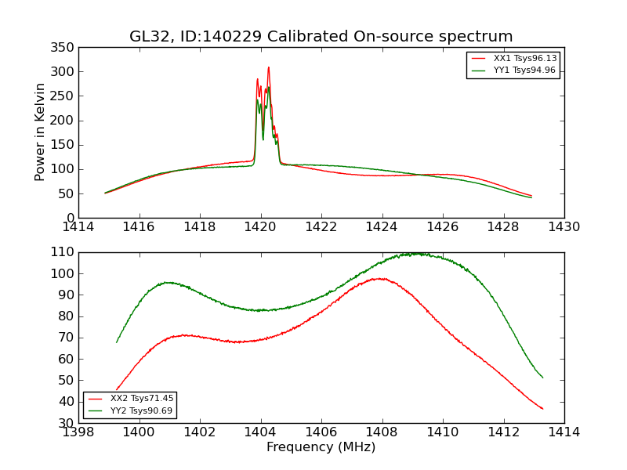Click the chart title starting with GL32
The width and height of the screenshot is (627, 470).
coord(321,36)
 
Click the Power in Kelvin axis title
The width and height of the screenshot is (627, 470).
coord(40,132)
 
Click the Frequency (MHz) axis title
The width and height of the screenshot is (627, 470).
coord(321,447)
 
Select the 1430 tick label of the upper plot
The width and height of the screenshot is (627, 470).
coord(564,227)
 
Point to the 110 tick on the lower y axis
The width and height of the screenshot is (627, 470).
coord(63,252)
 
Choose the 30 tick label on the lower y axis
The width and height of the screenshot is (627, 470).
coord(66,423)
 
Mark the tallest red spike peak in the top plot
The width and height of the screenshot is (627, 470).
coord(268,67)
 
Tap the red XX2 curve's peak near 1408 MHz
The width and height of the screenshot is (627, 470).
coord(379,278)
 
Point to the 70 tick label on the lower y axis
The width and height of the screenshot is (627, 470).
coord(66,338)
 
